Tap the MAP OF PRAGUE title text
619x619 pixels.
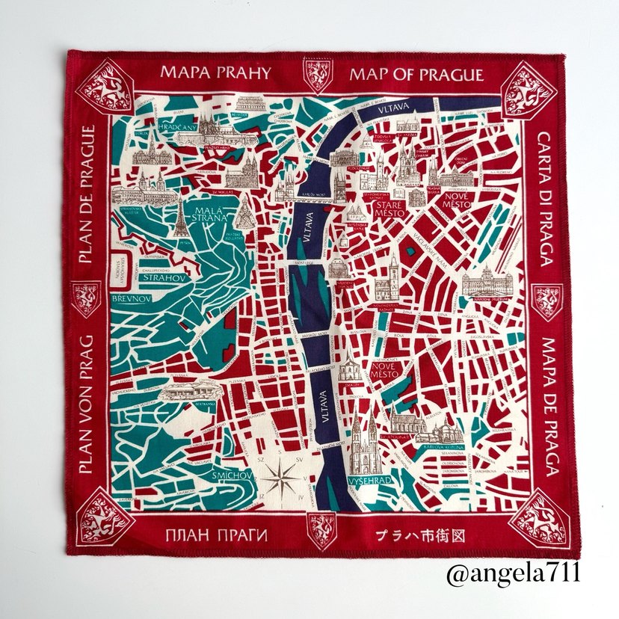point(416,75)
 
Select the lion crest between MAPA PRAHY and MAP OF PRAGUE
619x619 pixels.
point(318,75)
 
